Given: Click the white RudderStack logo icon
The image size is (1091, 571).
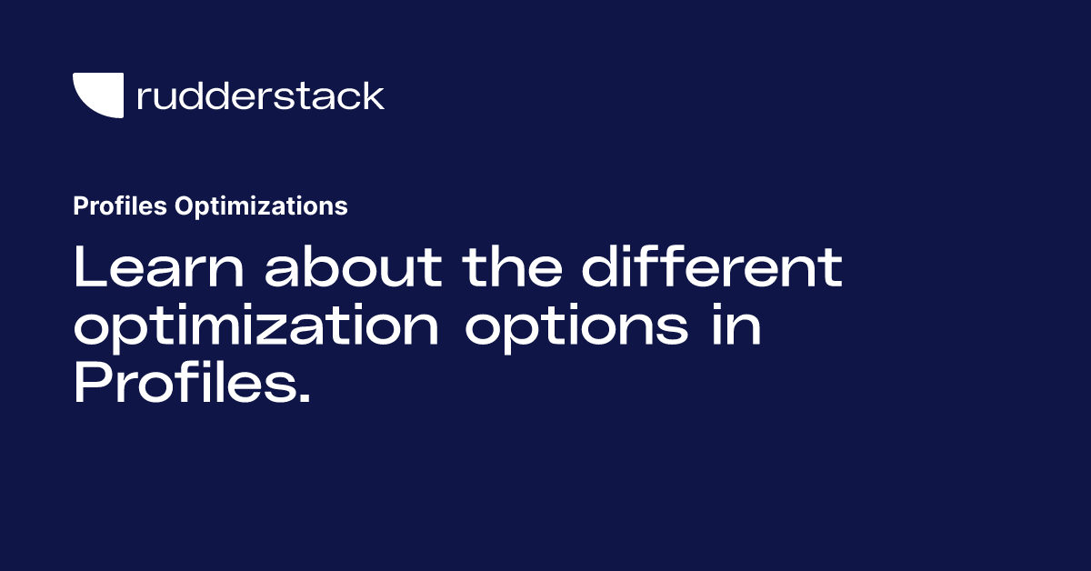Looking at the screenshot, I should point(97,95).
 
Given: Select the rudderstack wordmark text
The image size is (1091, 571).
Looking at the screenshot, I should point(260,95).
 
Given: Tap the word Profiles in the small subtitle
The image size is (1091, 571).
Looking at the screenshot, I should point(119,206).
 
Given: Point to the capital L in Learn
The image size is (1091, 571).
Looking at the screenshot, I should point(88,267).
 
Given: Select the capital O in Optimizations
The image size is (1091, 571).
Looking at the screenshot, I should point(182,206).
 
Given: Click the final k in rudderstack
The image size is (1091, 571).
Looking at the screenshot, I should point(374,95).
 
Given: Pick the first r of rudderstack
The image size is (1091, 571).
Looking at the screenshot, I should point(142,99).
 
